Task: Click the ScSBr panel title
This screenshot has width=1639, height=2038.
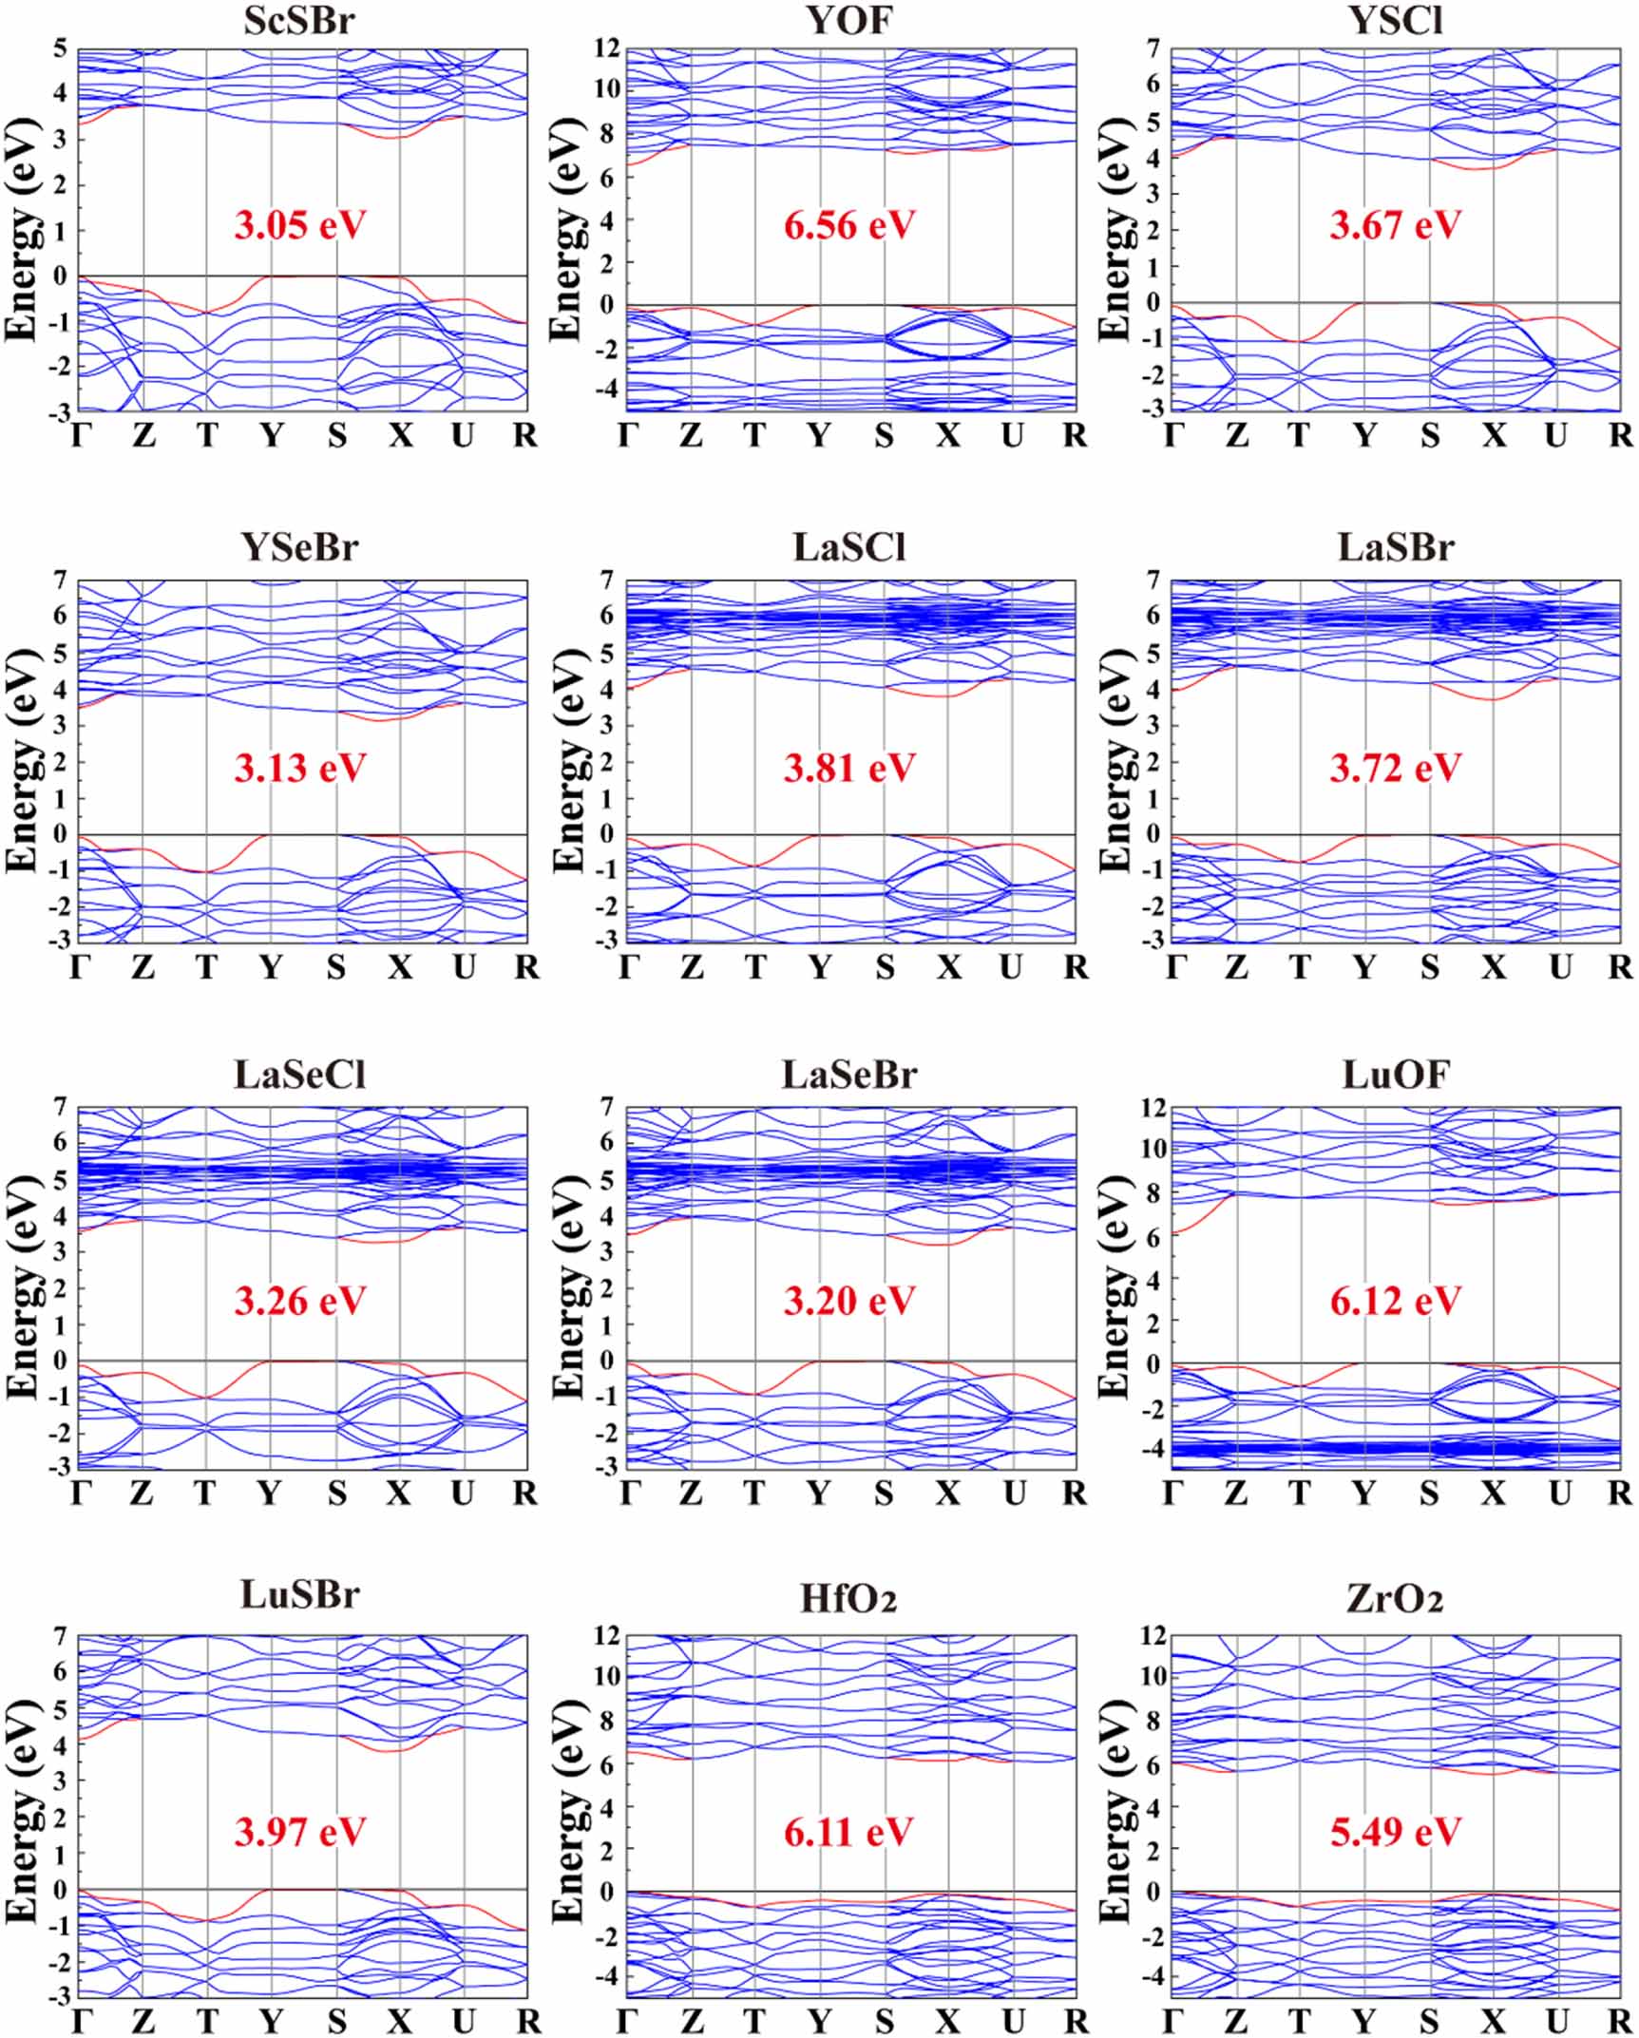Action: pos(299,20)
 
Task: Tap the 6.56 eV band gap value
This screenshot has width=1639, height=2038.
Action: pos(848,226)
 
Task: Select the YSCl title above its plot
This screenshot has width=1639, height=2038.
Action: pos(1395,20)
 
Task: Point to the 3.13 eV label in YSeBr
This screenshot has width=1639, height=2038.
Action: pos(299,768)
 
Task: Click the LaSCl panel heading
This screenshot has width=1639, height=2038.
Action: pos(848,548)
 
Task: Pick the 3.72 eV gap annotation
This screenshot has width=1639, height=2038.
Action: pos(1395,768)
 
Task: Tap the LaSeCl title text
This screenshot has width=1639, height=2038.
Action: pos(299,1076)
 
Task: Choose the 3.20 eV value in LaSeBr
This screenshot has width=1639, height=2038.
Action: pos(848,1301)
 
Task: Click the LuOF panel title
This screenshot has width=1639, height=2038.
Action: pos(1395,1076)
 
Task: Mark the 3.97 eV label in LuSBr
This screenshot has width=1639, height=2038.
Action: pos(299,1832)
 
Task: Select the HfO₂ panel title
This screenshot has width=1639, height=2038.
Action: pos(848,1600)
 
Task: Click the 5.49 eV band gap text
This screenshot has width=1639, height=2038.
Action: pos(1395,1832)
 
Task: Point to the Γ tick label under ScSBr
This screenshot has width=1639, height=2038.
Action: pos(82,436)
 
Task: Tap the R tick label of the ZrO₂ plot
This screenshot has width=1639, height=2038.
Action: pos(1619,2019)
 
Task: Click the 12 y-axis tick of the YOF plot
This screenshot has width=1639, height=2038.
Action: pos(606,48)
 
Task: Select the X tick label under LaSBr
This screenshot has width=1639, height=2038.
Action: pos(1494,967)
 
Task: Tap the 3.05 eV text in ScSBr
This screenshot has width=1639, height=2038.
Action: pos(299,226)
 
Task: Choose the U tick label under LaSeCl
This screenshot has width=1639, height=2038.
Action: pos(462,1494)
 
